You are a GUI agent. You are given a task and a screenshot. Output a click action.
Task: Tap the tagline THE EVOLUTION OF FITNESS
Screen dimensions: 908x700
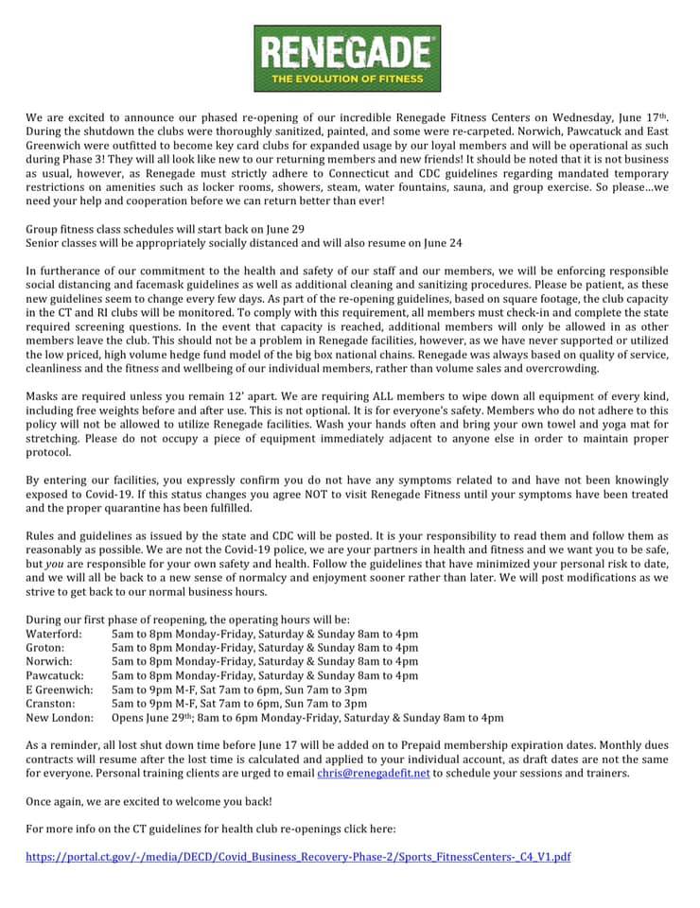pos(349,80)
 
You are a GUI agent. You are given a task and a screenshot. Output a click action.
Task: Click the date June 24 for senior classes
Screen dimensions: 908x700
pos(442,243)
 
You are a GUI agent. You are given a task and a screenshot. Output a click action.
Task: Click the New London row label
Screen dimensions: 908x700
pos(60,718)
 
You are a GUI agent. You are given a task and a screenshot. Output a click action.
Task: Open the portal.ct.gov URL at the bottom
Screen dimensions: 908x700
pos(298,857)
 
